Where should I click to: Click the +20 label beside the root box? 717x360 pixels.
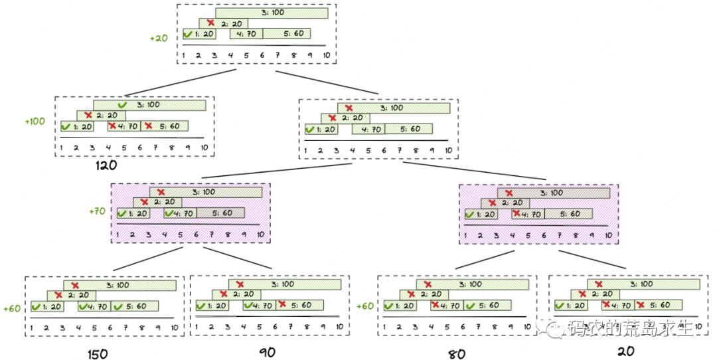pyautogui.click(x=159, y=38)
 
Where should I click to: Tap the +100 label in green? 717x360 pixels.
pyautogui.click(x=35, y=122)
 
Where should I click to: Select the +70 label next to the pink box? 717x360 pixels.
pyautogui.click(x=97, y=211)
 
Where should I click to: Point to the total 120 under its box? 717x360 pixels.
pyautogui.click(x=106, y=165)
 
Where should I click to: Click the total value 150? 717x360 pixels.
pyautogui.click(x=98, y=353)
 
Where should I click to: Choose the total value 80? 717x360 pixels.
pyautogui.click(x=456, y=353)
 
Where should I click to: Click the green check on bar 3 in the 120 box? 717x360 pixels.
pyautogui.click(x=121, y=105)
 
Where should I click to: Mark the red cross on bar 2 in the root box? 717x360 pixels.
pyautogui.click(x=211, y=23)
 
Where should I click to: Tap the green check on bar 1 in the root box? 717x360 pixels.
pyautogui.click(x=189, y=34)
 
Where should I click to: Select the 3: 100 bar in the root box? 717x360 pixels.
pyautogui.click(x=272, y=13)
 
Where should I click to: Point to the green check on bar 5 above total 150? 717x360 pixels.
pyautogui.click(x=118, y=306)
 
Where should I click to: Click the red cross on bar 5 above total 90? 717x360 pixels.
pyautogui.click(x=282, y=305)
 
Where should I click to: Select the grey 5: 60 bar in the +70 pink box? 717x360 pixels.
pyautogui.click(x=220, y=213)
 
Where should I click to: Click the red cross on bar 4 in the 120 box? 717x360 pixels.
pyautogui.click(x=112, y=126)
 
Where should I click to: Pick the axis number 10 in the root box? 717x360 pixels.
pyautogui.click(x=326, y=55)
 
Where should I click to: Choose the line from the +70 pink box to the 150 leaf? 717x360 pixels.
pyautogui.click(x=147, y=260)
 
